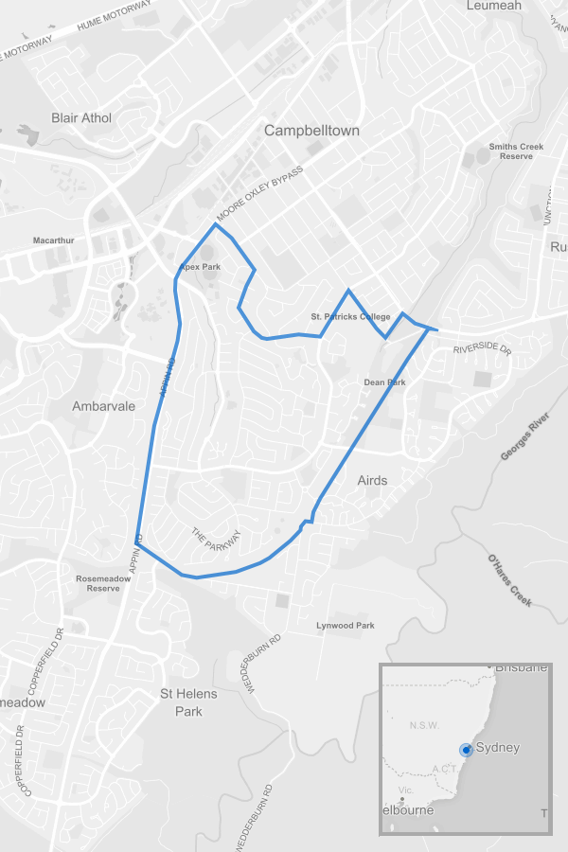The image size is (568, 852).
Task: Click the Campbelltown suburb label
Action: (312, 131)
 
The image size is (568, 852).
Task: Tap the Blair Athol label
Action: (81, 118)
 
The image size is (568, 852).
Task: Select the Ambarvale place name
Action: (104, 406)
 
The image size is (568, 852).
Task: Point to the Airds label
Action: (372, 480)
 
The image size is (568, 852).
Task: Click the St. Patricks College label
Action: (350, 316)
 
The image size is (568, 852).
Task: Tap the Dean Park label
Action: (384, 382)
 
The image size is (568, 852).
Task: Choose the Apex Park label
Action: (201, 267)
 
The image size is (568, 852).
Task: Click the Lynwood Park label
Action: (346, 626)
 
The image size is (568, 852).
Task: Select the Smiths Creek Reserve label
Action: (517, 151)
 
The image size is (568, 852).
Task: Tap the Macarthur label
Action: (53, 240)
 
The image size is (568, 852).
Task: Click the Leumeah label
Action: (494, 6)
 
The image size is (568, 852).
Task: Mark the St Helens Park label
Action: (188, 702)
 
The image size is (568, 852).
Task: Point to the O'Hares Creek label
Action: (508, 580)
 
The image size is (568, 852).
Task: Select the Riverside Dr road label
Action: (482, 349)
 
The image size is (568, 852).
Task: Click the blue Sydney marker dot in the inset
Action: (466, 750)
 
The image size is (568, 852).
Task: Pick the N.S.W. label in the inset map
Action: (424, 725)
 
